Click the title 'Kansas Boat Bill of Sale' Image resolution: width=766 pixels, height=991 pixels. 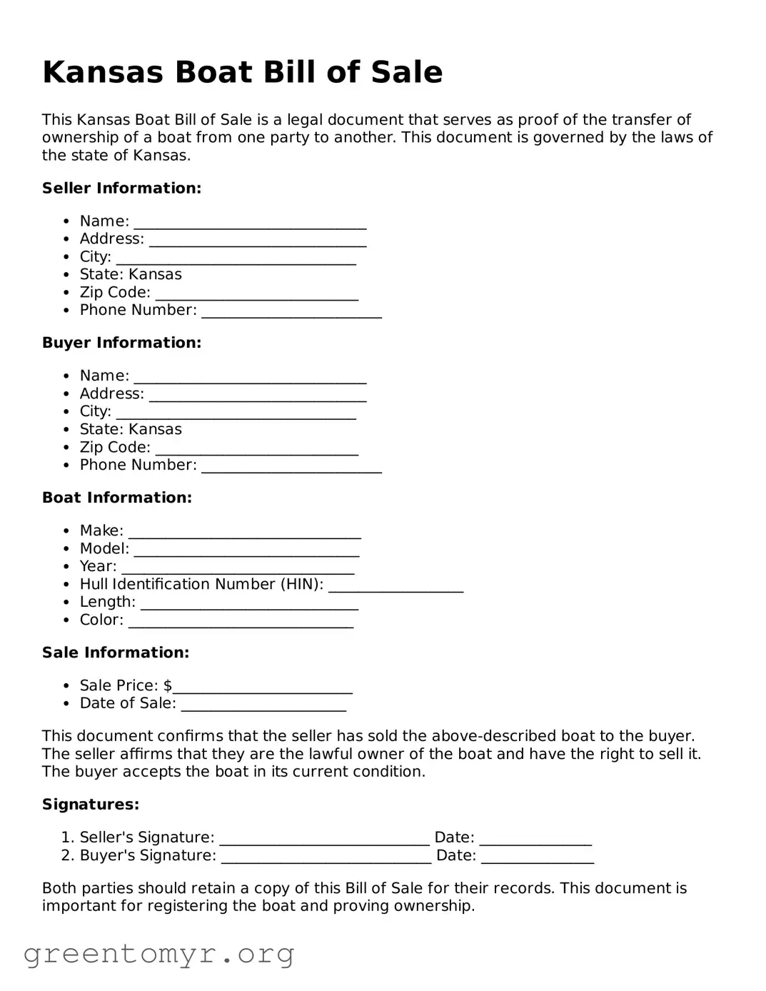pos(242,73)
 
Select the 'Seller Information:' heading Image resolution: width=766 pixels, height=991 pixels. pos(121,188)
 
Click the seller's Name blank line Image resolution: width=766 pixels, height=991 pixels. pos(250,223)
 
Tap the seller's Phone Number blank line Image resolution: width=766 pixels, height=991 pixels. pos(291,312)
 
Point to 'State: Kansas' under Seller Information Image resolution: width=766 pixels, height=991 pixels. pos(131,275)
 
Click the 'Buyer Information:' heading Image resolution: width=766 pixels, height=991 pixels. pos(121,343)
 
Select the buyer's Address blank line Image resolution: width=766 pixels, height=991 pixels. pos(257,396)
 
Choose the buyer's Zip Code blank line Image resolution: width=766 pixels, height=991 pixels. pos(256,449)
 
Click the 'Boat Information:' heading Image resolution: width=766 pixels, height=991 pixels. pos(117,498)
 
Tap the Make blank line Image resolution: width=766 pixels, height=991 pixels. pos(244,533)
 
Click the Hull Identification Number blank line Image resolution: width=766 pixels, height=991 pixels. pos(395,586)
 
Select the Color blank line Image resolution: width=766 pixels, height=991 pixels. pos(241,622)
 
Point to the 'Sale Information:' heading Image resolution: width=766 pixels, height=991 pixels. pos(116,653)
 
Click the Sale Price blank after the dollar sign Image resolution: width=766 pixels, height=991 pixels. pos(263,688)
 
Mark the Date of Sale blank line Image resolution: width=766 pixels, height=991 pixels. pos(263,705)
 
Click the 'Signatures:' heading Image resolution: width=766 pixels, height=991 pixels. pos(91,805)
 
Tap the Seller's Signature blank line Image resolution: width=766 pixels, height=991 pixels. pos(324,839)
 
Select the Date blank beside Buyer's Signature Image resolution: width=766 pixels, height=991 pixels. pos(537,857)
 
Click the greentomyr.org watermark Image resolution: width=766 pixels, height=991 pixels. pos(158,954)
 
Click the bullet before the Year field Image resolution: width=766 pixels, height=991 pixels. pos(66,567)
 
